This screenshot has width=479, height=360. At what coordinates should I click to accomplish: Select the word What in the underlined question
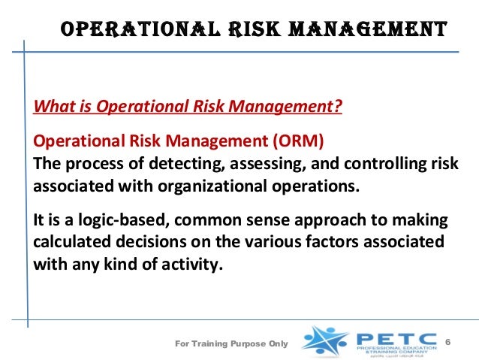click(49, 107)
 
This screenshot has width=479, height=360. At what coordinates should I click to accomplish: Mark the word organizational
click(195, 185)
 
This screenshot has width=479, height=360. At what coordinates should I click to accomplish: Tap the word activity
click(194, 265)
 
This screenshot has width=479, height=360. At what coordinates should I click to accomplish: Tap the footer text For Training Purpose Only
click(230, 344)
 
